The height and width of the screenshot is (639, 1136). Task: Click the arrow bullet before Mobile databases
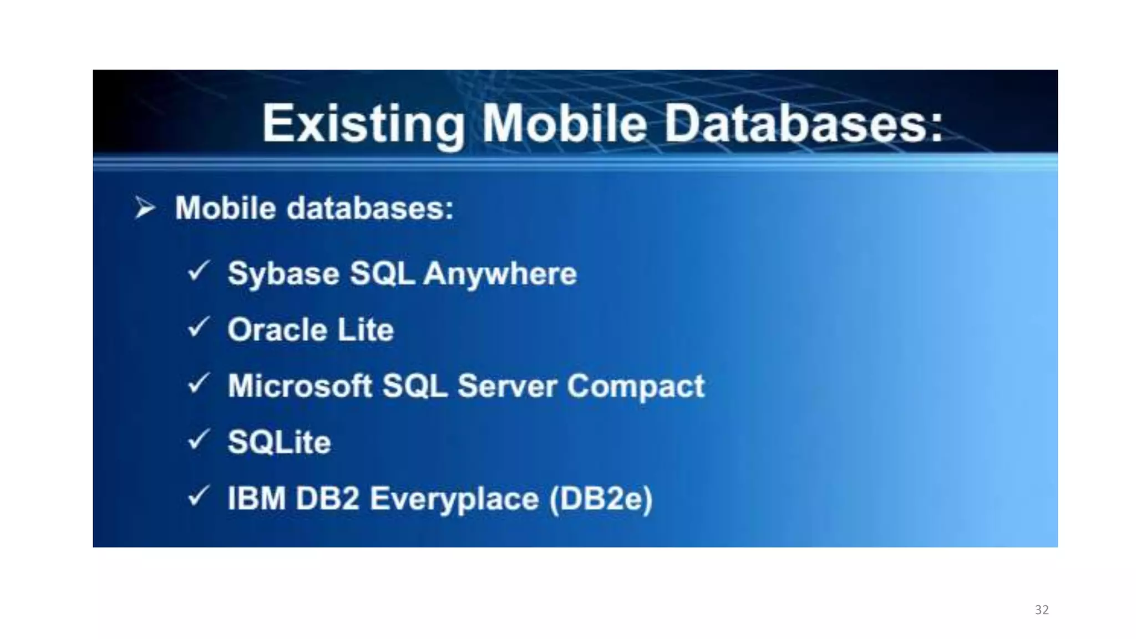pyautogui.click(x=145, y=208)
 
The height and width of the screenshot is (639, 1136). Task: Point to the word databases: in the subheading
pyautogui.click(x=370, y=208)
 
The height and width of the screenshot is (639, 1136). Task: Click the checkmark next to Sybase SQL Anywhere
pyautogui.click(x=199, y=271)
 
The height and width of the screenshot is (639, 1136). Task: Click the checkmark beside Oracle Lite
pyautogui.click(x=199, y=327)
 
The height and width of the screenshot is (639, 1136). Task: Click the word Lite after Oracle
pyautogui.click(x=366, y=329)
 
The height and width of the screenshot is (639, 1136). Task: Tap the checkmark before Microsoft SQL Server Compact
pyautogui.click(x=199, y=383)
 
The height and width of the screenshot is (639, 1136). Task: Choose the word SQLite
pyautogui.click(x=279, y=442)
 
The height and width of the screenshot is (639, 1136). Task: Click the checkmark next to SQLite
pyautogui.click(x=199, y=440)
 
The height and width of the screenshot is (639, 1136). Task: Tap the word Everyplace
pyautogui.click(x=454, y=499)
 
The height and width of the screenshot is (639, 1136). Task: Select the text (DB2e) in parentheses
pyautogui.click(x=601, y=499)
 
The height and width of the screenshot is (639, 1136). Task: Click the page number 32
pyautogui.click(x=1041, y=610)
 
